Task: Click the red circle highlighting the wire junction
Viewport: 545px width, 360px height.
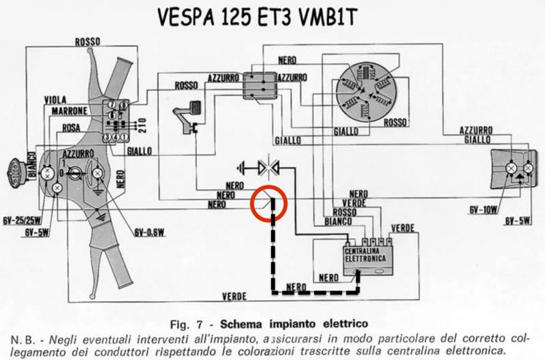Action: point(269,187)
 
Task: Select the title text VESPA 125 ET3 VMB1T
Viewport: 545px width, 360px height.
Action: point(258,17)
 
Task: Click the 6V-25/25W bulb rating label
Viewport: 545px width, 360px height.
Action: point(22,220)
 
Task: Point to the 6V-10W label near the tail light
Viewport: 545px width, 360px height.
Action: point(483,209)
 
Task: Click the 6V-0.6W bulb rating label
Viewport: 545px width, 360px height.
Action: point(149,232)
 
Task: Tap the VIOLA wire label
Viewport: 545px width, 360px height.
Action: point(55,100)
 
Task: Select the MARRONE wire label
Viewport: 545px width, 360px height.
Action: point(69,111)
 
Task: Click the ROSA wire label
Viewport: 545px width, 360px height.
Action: point(72,127)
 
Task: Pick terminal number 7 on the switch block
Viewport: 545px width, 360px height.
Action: point(112,105)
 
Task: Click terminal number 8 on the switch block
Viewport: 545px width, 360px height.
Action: point(123,105)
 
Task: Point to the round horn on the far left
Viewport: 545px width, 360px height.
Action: point(16,173)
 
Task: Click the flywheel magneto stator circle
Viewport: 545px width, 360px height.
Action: point(367,92)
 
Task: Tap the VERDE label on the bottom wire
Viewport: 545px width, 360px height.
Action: point(234,297)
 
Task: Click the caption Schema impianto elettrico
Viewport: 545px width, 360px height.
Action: point(294,324)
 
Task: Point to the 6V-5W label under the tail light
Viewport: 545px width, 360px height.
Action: point(518,220)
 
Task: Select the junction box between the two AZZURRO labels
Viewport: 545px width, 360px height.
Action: point(260,85)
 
